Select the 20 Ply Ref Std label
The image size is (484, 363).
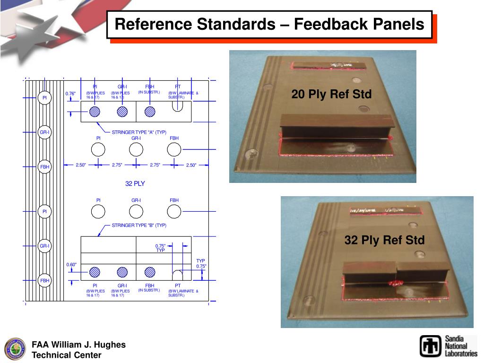point(331,95)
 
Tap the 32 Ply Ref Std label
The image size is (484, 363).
point(384,240)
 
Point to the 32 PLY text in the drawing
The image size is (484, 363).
point(135,183)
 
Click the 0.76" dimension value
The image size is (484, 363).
point(71,94)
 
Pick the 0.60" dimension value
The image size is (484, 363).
point(71,265)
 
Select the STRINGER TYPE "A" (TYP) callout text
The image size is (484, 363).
point(139,132)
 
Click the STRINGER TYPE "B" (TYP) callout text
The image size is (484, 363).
point(139,225)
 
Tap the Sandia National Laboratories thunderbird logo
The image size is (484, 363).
point(431,346)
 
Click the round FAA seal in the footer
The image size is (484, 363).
point(15,349)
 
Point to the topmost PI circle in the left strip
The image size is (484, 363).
point(44,98)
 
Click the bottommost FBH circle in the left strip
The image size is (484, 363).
point(44,280)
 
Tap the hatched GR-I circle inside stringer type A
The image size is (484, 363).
point(122,112)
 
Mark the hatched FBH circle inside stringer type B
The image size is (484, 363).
point(150,272)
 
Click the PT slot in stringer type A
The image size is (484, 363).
point(178,106)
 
